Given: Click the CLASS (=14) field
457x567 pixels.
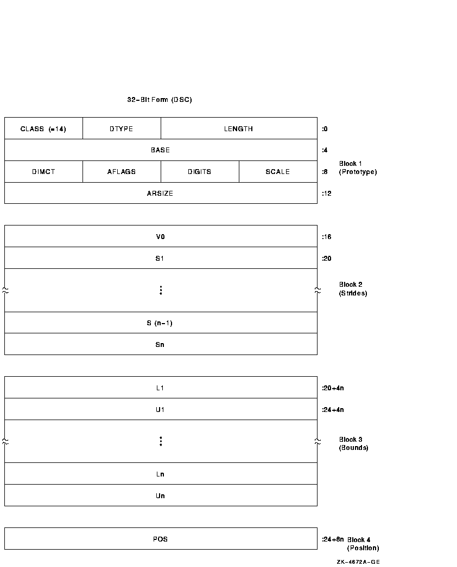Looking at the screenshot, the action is [x=43, y=128].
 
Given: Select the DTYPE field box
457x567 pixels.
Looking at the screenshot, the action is [x=122, y=128].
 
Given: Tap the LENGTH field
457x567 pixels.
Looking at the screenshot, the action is [x=239, y=128].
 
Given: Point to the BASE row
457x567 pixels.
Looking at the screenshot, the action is [x=161, y=150].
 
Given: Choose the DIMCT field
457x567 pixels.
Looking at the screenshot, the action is [x=43, y=172].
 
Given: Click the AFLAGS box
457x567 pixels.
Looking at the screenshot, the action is [x=122, y=172].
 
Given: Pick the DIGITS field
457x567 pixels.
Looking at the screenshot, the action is [x=200, y=172].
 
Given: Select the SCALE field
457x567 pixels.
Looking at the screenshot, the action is [x=278, y=172].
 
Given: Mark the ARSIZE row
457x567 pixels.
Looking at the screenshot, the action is [x=161, y=193].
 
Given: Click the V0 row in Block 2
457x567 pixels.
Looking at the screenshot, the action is [x=161, y=236].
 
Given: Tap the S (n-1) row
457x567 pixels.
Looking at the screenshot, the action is [x=161, y=323].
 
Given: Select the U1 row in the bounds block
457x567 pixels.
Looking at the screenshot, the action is [x=161, y=409].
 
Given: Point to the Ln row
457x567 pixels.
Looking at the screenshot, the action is [x=161, y=474].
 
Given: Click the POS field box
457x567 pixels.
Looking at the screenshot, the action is [x=161, y=539].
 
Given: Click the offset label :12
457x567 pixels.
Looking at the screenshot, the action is [x=327, y=194].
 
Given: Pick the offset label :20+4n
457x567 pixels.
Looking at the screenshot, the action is [x=333, y=388].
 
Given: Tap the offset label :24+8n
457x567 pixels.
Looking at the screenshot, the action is [x=333, y=539].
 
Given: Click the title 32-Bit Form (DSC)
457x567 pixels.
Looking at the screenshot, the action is [x=160, y=99].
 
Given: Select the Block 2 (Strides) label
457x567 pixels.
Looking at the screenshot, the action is [x=353, y=289].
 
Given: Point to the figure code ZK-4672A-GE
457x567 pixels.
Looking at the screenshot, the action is [x=358, y=562].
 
